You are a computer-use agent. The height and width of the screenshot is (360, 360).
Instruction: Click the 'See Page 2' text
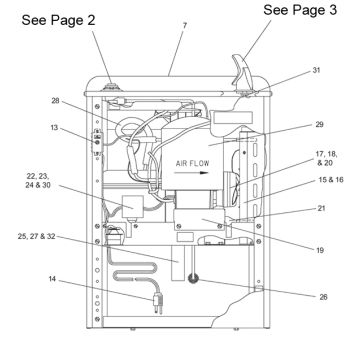(58, 20)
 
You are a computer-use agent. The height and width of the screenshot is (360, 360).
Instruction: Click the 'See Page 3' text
(300, 10)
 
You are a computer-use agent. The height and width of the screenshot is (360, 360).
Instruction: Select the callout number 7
(184, 26)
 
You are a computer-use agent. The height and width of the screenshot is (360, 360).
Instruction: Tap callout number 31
(316, 70)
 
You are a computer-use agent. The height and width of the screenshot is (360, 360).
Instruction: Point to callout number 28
(55, 100)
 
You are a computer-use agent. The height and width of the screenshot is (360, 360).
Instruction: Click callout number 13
(55, 127)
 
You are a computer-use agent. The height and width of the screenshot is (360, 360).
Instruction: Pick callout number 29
(319, 124)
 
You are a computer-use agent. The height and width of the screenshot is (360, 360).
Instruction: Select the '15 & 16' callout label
(331, 180)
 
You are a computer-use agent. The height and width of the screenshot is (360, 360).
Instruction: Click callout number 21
(321, 209)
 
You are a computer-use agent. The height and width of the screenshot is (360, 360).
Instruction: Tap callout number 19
(320, 250)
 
